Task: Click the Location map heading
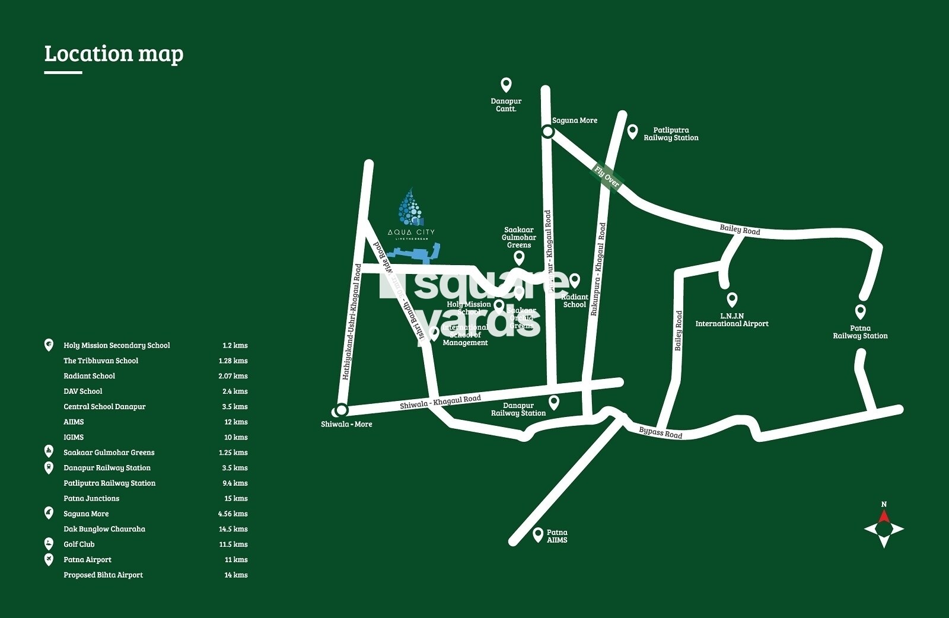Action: (x=114, y=54)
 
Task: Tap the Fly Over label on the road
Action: (x=607, y=177)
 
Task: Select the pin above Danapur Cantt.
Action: (x=506, y=85)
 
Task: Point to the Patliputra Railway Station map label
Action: (x=671, y=134)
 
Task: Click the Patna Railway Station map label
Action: (x=860, y=332)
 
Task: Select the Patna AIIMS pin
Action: (x=538, y=534)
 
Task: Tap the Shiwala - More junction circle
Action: (x=341, y=409)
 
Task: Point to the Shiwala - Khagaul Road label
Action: (x=440, y=402)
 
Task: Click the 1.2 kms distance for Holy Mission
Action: (x=235, y=345)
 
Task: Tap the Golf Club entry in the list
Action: (x=79, y=544)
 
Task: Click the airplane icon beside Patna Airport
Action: (x=49, y=559)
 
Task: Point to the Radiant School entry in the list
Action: (x=89, y=376)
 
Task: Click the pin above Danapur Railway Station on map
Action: (x=554, y=402)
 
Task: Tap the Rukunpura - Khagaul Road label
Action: (x=598, y=269)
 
